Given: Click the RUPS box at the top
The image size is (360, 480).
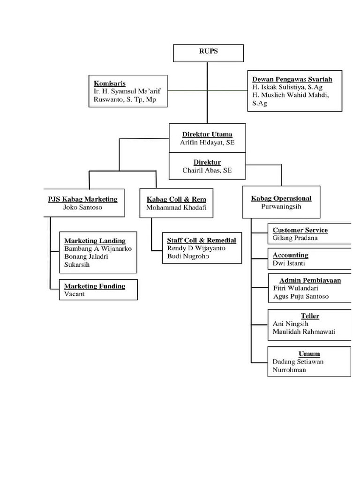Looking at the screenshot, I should point(208,52).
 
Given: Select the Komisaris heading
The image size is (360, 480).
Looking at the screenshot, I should point(109,83).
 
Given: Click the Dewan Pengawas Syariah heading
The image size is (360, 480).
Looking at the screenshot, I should point(292,79).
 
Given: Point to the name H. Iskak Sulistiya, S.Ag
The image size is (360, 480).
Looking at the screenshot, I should point(287,87).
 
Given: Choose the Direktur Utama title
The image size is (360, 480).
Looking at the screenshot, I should point(207,134).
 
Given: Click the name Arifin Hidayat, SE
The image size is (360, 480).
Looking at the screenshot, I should point(207,142).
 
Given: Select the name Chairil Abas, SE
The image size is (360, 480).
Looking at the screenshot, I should point(207,171).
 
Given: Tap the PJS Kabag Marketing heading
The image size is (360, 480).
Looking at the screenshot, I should point(82,199).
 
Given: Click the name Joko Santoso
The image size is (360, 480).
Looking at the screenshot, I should point(82,207).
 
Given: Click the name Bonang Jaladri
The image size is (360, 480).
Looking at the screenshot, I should point(85,256).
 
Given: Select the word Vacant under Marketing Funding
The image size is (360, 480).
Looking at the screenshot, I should point(75,294).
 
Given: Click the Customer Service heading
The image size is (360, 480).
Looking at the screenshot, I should point(300,230).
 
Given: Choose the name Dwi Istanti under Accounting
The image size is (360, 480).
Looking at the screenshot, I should point(289,263).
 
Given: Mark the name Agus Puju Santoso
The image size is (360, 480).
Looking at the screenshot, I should point(300,296).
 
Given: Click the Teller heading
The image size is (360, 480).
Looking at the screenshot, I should point(310,316).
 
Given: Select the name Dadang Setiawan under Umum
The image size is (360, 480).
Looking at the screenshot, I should point(298,361).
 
